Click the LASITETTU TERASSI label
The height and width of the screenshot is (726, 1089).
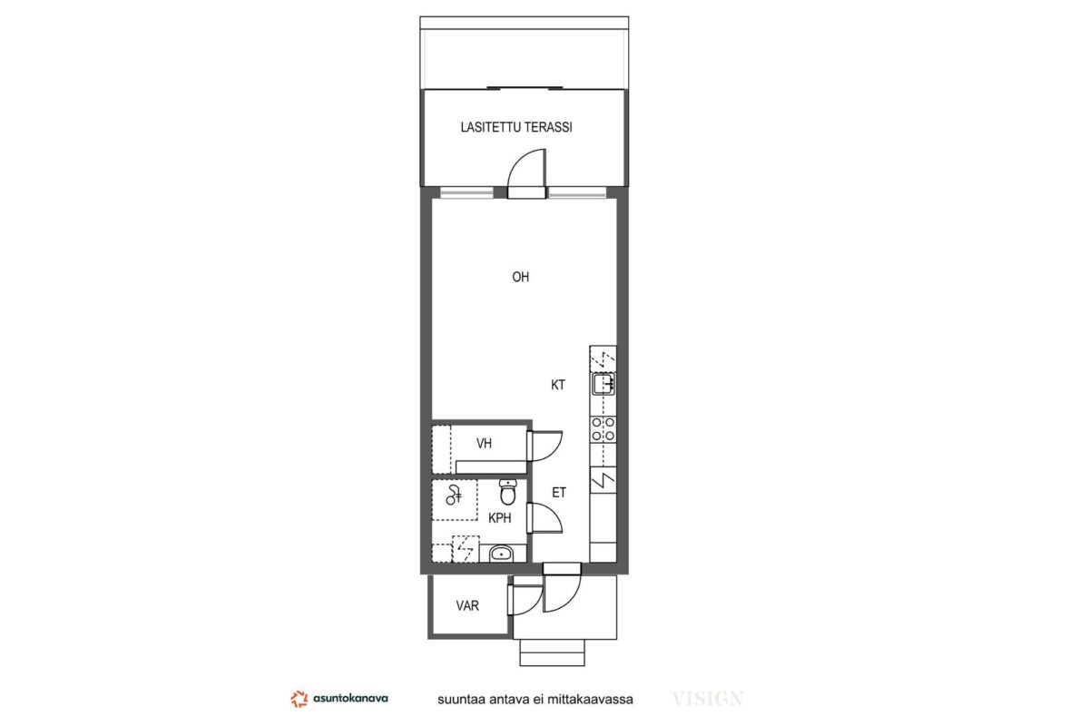pos(516,127)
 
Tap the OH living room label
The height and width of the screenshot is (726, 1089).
pos(520,277)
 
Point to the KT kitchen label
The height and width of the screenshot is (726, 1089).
pos(557,385)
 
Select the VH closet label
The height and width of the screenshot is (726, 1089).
pos(484,443)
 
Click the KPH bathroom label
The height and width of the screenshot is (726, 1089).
pos(500,518)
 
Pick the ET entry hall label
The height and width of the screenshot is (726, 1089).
pos(559,493)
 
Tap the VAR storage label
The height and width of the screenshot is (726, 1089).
pos(467,605)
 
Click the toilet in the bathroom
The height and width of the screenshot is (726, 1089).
pos(508,492)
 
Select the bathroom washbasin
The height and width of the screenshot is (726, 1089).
pos(501,554)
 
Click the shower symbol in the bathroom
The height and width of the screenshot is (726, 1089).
pos(454,495)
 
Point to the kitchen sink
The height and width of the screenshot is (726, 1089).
pos(603,384)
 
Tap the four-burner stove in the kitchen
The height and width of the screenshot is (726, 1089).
pos(603,429)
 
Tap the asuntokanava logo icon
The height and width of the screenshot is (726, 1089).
pos(299,699)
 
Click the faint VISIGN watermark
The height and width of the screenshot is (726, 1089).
pos(707,699)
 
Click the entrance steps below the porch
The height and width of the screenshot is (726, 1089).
pos(552,652)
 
